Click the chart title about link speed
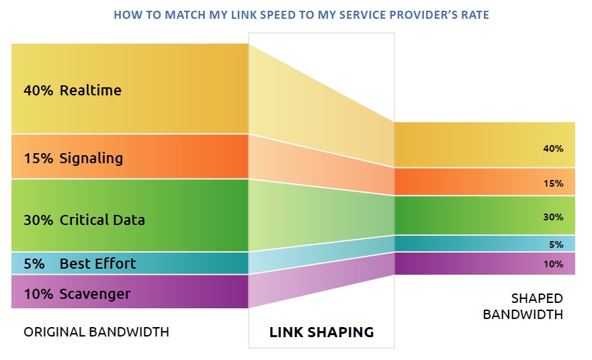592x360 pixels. pos(301,14)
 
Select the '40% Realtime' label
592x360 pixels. pos(72,90)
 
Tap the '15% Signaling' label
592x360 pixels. pos(73,158)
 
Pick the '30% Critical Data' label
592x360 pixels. pos(83,220)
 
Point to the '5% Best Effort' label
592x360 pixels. pos(79,263)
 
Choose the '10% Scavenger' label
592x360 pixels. pos(77,294)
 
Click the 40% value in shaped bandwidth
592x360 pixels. pos(553,148)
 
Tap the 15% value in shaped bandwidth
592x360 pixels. pos(553,183)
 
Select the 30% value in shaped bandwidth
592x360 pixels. pos(553,216)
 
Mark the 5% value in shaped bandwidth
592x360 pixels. pos(555,244)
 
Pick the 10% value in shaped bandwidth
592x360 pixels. pos(553,264)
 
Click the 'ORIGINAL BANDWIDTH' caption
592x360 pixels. pos(96,332)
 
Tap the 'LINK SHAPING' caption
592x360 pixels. pos(321,332)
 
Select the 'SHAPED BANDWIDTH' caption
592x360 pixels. pos(536,306)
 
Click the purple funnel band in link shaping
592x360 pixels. pos(321,282)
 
